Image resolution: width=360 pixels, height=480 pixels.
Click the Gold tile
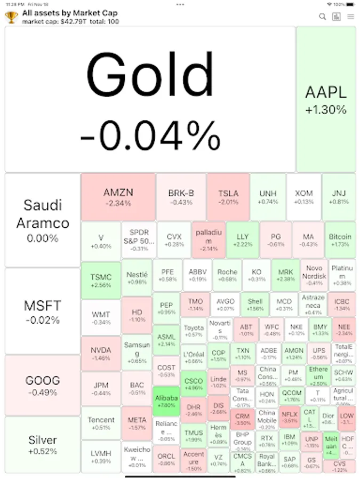[x=150, y=99]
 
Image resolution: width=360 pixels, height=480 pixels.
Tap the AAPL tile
[x=326, y=99]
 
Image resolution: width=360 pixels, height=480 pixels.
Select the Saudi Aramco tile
[x=43, y=220]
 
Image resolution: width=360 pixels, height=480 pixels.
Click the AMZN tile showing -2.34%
[x=118, y=197]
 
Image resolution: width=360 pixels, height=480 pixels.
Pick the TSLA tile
[x=228, y=197]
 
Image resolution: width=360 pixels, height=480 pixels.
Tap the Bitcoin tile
[x=340, y=240]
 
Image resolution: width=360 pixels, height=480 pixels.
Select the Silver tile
[x=43, y=444]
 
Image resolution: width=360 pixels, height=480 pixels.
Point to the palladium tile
[x=207, y=240]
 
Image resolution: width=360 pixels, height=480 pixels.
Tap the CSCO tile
[x=193, y=384]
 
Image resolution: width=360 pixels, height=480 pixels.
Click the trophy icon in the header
[x=11, y=17]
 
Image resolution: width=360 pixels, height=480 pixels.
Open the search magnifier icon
[x=322, y=17]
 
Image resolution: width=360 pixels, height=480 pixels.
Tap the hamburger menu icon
[x=350, y=17]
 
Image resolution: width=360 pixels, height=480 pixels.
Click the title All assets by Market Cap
[x=70, y=12]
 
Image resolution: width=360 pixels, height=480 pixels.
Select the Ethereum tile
[x=318, y=376]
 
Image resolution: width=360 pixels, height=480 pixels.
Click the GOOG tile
[x=43, y=386]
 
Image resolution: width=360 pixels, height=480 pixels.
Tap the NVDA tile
[x=101, y=354]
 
